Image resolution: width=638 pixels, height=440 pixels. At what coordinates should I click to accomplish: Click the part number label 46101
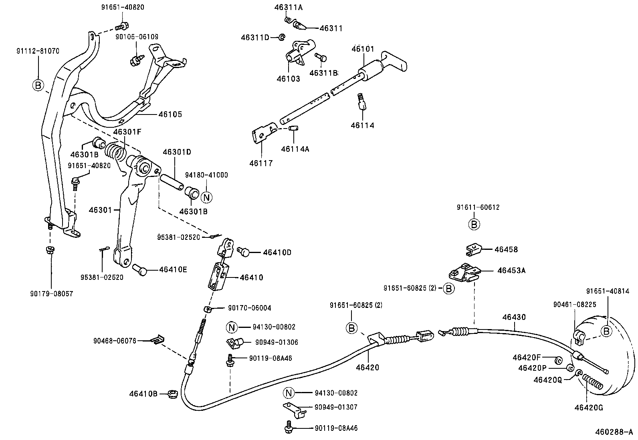(363, 49)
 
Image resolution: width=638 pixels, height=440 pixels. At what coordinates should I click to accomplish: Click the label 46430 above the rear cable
(514, 317)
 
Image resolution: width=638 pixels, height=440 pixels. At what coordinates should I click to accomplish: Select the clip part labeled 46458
(474, 250)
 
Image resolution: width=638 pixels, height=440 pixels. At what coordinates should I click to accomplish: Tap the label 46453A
(511, 270)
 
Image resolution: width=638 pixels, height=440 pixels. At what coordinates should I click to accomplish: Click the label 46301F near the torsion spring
(127, 132)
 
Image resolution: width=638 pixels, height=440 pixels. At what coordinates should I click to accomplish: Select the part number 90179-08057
(51, 293)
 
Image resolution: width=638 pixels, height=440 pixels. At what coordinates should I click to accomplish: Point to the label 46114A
(295, 149)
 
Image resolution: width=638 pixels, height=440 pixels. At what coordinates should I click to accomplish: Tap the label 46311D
(255, 37)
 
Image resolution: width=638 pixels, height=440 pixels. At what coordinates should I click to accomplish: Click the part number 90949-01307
(336, 407)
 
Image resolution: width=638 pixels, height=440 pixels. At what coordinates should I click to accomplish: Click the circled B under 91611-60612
(474, 224)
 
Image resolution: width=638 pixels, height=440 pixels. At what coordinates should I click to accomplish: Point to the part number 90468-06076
(115, 341)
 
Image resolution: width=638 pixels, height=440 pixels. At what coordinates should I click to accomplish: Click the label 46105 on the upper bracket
(170, 115)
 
